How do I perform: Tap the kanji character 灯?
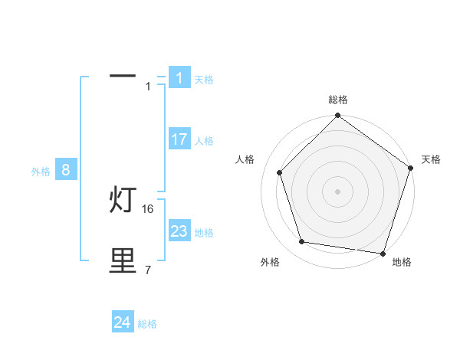[123, 201]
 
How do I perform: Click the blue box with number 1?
[179, 78]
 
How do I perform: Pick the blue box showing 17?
[179, 139]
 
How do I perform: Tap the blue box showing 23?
[179, 231]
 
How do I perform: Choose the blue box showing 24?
[123, 323]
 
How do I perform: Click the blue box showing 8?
[66, 170]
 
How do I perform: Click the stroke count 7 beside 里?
[148, 270]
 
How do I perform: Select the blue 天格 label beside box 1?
[204, 80]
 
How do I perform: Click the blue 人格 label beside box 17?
[204, 141]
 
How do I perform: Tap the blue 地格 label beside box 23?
[204, 233]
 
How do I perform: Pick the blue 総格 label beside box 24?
[147, 325]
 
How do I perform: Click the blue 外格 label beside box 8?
[41, 172]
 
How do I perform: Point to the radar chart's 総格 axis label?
[337, 100]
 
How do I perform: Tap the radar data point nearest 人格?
[279, 172]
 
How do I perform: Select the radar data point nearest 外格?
[302, 242]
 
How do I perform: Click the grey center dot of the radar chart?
[337, 191]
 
